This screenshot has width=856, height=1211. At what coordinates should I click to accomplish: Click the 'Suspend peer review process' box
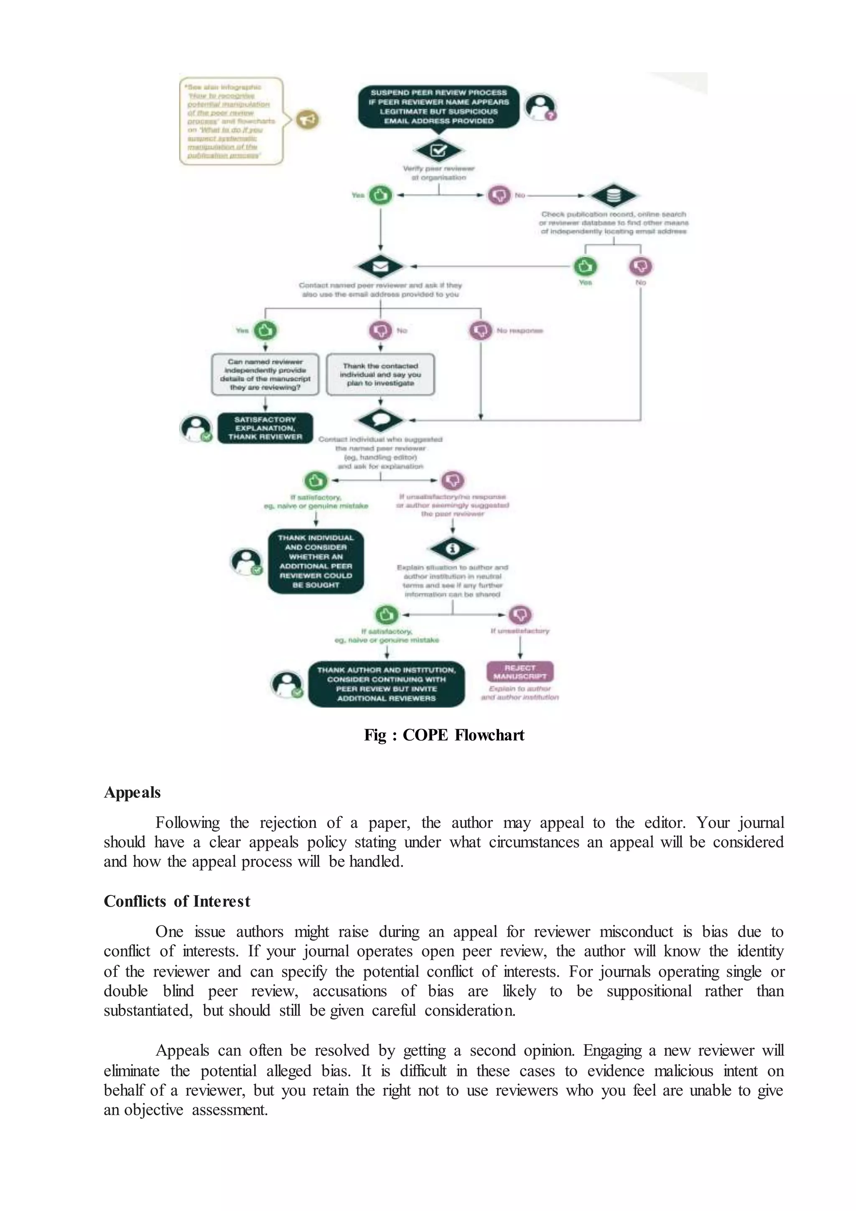click(x=438, y=107)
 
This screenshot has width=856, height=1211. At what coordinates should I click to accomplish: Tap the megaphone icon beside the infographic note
click(x=307, y=120)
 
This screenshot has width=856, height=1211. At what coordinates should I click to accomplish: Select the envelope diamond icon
click(x=380, y=266)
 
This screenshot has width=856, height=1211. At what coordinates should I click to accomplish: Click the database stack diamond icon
click(x=614, y=196)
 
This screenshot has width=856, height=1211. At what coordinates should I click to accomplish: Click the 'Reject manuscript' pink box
click(x=520, y=672)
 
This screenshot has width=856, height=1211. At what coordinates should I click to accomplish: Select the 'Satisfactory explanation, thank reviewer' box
click(x=265, y=428)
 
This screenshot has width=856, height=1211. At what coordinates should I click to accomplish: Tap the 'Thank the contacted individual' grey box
click(x=380, y=375)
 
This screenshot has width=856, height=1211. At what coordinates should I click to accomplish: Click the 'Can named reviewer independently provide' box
click(x=265, y=375)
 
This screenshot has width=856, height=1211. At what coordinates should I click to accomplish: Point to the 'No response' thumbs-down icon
click(x=480, y=331)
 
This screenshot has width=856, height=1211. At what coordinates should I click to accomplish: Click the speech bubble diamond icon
click(x=380, y=420)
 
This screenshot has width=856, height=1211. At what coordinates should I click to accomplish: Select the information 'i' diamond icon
click(x=452, y=549)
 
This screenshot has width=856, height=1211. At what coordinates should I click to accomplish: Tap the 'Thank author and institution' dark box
click(x=386, y=684)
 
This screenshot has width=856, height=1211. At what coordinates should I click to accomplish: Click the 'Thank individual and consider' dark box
click(x=316, y=561)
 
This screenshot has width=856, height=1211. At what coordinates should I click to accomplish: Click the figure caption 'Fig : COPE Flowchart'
click(x=444, y=735)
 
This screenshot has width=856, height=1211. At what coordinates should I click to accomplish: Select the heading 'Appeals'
click(x=132, y=793)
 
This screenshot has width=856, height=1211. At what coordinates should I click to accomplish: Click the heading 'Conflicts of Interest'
click(x=176, y=902)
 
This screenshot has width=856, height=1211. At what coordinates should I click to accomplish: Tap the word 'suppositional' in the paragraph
click(x=648, y=991)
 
